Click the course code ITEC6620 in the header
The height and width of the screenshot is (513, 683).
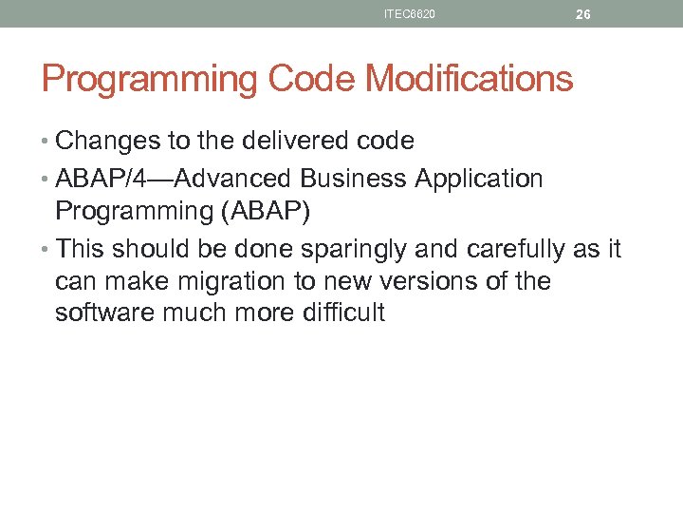point(410,14)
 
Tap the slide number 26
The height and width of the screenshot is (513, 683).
point(583,14)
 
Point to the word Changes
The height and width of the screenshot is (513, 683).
point(108,142)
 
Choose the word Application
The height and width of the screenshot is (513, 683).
point(479,179)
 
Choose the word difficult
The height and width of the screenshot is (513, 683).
point(341,313)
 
